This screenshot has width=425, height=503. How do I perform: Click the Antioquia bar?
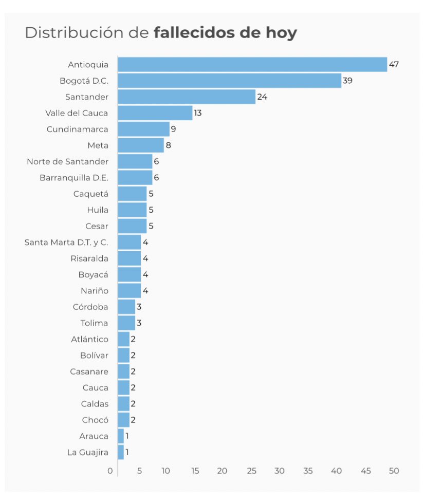[x=252, y=65]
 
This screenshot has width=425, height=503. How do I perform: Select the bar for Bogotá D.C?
[x=229, y=81]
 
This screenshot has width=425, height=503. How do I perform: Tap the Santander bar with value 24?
[x=187, y=97]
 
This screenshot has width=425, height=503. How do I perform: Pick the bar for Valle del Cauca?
[x=155, y=113]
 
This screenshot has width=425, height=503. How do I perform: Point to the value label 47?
[x=394, y=65]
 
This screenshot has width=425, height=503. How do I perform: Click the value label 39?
[x=347, y=81]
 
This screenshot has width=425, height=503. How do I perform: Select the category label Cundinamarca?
[x=77, y=129]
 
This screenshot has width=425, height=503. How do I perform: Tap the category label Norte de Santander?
[x=67, y=161]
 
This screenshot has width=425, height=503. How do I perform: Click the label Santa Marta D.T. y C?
[x=66, y=242]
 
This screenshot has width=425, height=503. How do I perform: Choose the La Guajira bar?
[x=121, y=452]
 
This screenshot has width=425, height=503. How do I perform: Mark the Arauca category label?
[x=94, y=436]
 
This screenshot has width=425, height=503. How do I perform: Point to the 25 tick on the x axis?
[x=251, y=471]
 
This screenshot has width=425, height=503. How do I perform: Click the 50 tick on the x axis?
[x=394, y=471]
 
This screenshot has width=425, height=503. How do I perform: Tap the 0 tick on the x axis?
[x=110, y=471]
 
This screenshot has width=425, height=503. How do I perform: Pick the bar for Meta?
[x=141, y=145]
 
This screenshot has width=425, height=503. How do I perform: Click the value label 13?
[x=198, y=113]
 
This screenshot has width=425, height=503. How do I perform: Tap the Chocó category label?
[x=95, y=420]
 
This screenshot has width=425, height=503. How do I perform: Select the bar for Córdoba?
[x=126, y=307]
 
